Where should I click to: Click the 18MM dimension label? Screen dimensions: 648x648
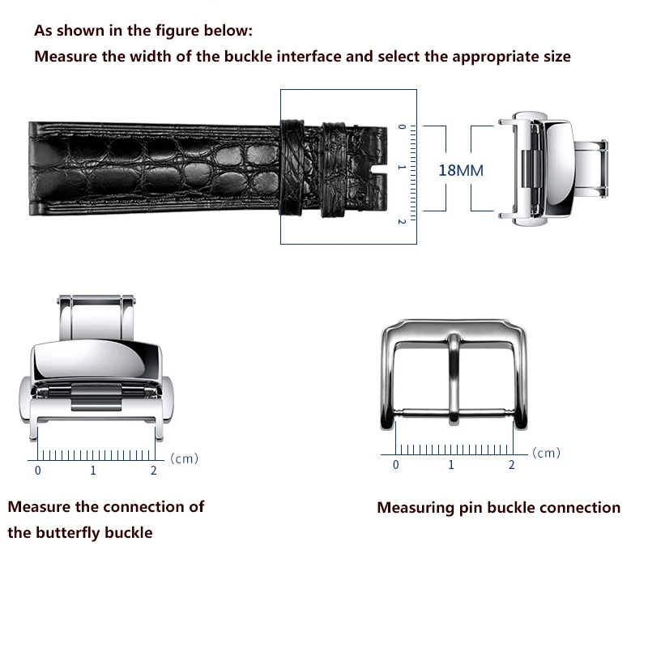460,170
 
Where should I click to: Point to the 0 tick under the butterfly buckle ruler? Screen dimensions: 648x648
37,470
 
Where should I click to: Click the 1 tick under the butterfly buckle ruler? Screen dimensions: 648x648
93,470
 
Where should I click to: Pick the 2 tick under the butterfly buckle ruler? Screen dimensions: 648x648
154,470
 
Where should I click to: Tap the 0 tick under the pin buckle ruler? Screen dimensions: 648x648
395,464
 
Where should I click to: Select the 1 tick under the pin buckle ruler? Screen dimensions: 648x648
451,464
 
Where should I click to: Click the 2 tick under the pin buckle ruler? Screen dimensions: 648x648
511,464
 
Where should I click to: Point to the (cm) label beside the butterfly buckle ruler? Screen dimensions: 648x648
184,458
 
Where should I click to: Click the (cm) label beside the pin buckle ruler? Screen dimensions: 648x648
546,453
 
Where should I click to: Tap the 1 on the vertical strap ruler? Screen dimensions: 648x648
400,168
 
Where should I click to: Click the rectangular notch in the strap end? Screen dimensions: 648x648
377,168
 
